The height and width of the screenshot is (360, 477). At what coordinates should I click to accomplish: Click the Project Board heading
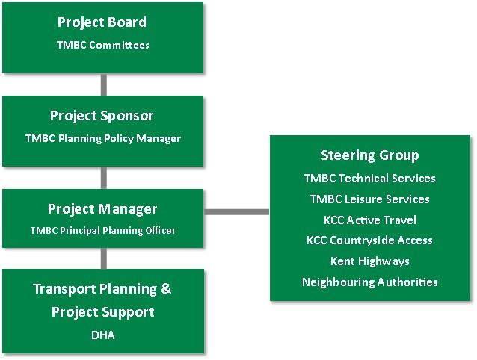(x=102, y=22)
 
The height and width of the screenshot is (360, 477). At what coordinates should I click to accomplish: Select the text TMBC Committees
(x=102, y=45)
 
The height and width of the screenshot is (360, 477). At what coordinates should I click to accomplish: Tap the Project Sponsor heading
(x=102, y=116)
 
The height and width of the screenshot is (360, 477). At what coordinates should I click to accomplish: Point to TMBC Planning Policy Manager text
(x=102, y=138)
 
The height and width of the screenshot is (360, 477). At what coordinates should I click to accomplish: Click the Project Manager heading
(x=102, y=209)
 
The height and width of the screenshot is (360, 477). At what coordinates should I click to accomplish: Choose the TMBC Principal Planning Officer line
(x=102, y=231)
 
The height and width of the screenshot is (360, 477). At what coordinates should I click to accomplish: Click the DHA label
(x=102, y=335)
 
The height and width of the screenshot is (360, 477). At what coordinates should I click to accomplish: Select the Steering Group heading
(x=369, y=155)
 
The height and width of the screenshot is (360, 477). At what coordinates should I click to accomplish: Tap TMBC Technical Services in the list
(x=369, y=178)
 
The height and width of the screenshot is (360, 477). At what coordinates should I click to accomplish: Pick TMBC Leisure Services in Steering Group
(x=369, y=199)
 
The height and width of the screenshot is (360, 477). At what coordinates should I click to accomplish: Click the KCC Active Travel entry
(x=369, y=220)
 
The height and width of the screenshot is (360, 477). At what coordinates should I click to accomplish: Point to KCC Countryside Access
(x=369, y=240)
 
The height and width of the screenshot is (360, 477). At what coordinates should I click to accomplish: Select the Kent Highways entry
(x=369, y=261)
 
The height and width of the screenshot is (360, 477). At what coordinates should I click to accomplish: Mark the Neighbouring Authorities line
(x=369, y=282)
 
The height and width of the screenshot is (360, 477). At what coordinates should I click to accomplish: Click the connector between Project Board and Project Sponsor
(x=103, y=84)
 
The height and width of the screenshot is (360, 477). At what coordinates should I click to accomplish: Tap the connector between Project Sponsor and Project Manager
(x=103, y=178)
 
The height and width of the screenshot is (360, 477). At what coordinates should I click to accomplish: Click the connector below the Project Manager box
(x=103, y=258)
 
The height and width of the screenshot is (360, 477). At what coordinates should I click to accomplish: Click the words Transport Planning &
(x=102, y=289)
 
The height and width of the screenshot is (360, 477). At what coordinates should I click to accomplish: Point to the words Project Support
(x=102, y=311)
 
